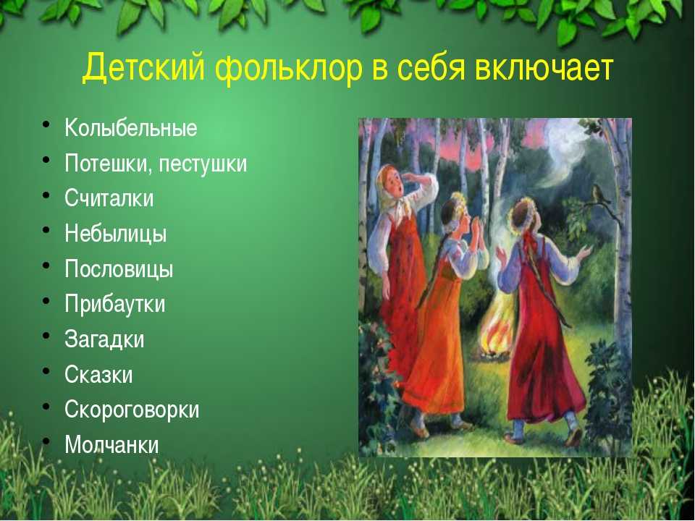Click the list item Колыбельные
pos(131,127)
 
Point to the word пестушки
pos(203,164)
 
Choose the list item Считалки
pos(109,198)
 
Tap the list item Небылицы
pos(116,234)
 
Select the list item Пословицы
pos(119,269)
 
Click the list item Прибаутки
pos(115,304)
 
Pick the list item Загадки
pos(104,339)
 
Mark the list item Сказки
pos(98,375)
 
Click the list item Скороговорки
pos(132,410)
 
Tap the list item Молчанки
pos(111,444)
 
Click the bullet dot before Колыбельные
pos(46,124)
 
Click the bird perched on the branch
pos(600,194)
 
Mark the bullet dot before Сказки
pos(46,371)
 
